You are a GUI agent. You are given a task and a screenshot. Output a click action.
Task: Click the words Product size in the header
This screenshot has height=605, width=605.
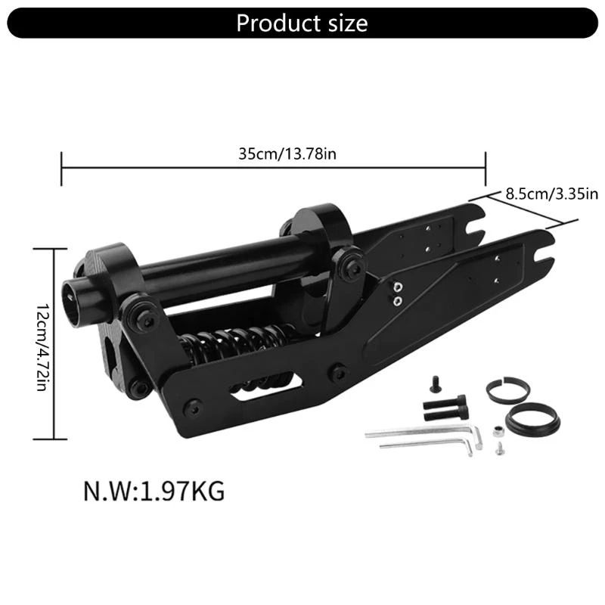(302, 23)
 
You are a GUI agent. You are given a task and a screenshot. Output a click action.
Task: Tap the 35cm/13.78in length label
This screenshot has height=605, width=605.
(287, 154)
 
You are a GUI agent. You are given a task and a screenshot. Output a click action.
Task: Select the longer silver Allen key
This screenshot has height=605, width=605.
(423, 433)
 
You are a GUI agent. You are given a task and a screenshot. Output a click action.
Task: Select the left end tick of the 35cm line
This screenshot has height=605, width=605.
(61, 167)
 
